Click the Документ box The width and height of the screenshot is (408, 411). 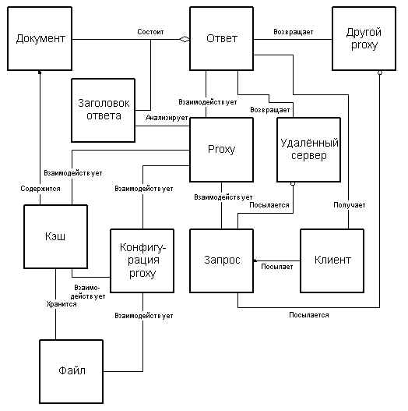pyautogui.click(x=40, y=38)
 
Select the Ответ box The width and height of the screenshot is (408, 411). pyautogui.click(x=222, y=38)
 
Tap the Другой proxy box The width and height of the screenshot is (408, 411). pyautogui.click(x=364, y=38)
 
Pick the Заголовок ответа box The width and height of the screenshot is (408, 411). pyautogui.click(x=104, y=110)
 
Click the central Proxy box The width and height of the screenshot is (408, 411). pyautogui.click(x=222, y=150)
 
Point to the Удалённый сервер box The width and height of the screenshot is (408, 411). pyautogui.click(x=309, y=150)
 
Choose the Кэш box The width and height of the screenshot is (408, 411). pyautogui.click(x=55, y=236)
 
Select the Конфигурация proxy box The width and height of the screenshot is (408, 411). pyautogui.click(x=142, y=260)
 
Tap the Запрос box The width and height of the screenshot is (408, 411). pyautogui.click(x=222, y=260)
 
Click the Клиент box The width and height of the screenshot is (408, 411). pyautogui.click(x=332, y=260)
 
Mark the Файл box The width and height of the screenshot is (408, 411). pyautogui.click(x=71, y=371)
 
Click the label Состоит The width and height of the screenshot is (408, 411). pyautogui.click(x=150, y=32)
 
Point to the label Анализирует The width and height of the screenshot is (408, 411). pyautogui.click(x=167, y=118)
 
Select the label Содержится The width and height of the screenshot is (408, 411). pyautogui.click(x=40, y=189)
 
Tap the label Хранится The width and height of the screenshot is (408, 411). pyautogui.click(x=62, y=304)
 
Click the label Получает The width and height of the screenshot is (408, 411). pyautogui.click(x=350, y=205)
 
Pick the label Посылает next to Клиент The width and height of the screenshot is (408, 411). pyautogui.click(x=277, y=267)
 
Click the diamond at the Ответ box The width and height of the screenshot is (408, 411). pyautogui.click(x=185, y=40)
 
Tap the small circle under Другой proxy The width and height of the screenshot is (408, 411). pyautogui.click(x=380, y=73)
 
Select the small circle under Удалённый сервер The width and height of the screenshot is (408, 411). pyautogui.click(x=293, y=184)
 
